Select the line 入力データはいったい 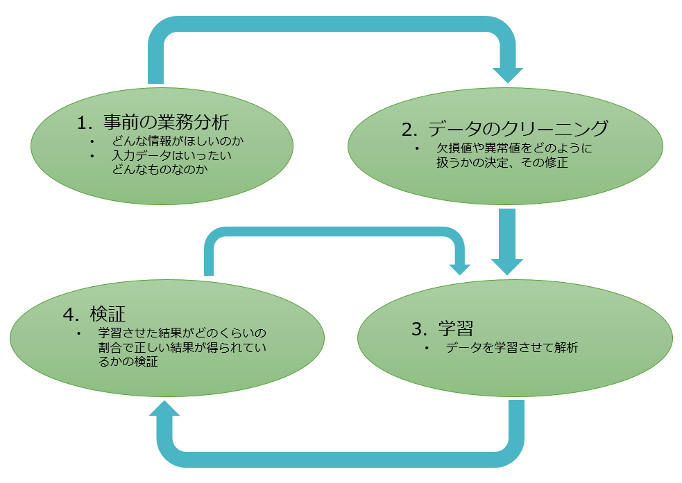pyautogui.click(x=172, y=156)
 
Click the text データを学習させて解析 pyautogui.click(x=511, y=348)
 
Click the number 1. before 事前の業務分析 pyautogui.click(x=85, y=123)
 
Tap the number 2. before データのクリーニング pyautogui.click(x=409, y=129)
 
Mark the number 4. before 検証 pyautogui.click(x=71, y=314)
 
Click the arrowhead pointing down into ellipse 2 pyautogui.click(x=507, y=73)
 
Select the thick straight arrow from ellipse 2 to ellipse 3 pyautogui.click(x=507, y=239)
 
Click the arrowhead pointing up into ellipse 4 pyautogui.click(x=164, y=409)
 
